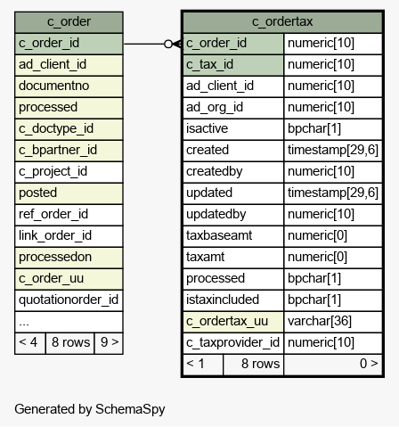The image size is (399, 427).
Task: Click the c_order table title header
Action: pyautogui.click(x=69, y=22)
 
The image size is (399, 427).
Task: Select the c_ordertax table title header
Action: pyautogui.click(x=282, y=22)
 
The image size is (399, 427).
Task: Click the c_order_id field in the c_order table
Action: pyautogui.click(x=69, y=44)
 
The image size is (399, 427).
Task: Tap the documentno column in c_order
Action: pyautogui.click(x=69, y=86)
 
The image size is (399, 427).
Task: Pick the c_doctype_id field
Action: pyautogui.click(x=69, y=129)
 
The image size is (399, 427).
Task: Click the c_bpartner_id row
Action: pyautogui.click(x=69, y=151)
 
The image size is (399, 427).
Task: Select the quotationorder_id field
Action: pyautogui.click(x=69, y=300)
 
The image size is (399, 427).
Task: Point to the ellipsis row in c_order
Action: pyautogui.click(x=69, y=322)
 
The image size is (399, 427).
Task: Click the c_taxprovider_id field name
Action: pyautogui.click(x=233, y=343)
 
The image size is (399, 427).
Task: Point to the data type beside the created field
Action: pyautogui.click(x=333, y=151)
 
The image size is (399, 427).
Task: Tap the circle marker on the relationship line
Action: pyautogui.click(x=168, y=44)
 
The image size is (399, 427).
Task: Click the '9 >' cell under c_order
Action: pyautogui.click(x=109, y=343)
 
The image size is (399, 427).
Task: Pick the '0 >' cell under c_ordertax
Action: pyautogui.click(x=333, y=365)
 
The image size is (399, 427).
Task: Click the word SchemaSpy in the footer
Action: pyautogui.click(x=130, y=410)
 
